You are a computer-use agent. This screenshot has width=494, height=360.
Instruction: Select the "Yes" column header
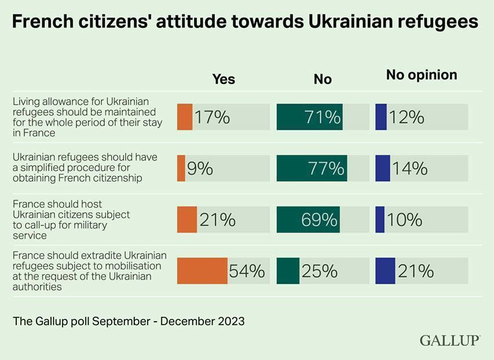point(224,79)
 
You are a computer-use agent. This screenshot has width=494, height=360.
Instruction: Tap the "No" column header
point(323,79)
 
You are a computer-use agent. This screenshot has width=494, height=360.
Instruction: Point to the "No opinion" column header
point(422,75)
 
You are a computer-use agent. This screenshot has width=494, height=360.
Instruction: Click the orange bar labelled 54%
point(202,270)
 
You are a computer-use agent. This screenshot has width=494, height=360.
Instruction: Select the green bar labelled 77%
point(312,168)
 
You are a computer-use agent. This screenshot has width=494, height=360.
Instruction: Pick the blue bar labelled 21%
point(385,270)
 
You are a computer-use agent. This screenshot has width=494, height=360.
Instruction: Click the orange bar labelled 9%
point(181,168)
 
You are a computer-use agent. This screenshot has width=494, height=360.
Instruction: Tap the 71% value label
point(323,117)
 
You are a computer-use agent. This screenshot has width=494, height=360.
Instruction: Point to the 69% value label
point(319,220)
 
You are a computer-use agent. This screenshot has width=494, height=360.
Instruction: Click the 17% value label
point(212,117)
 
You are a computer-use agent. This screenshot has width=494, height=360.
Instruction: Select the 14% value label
point(410,168)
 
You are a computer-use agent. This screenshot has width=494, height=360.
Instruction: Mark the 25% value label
point(320,270)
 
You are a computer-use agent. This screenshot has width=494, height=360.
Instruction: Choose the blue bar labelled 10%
point(380,220)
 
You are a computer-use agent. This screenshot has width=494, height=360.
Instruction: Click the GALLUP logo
point(450,340)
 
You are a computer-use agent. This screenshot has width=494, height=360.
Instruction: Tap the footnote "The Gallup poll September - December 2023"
point(129,321)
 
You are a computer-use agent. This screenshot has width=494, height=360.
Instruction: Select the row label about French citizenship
point(85,168)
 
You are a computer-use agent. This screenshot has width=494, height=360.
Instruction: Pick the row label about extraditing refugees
point(90,270)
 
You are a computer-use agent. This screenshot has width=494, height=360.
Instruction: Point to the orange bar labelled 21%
point(187,220)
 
